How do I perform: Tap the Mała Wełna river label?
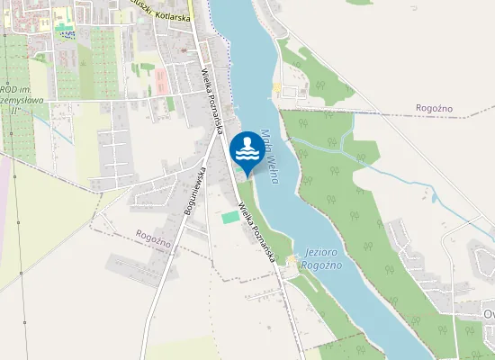click(269, 157)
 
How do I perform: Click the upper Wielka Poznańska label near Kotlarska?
click(213, 100)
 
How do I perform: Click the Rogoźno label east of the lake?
click(434, 108)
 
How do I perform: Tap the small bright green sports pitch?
click(230, 217)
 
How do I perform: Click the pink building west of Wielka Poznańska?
click(162, 82)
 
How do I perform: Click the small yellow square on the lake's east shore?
click(276, 89)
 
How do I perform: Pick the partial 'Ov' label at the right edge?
click(488, 314)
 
